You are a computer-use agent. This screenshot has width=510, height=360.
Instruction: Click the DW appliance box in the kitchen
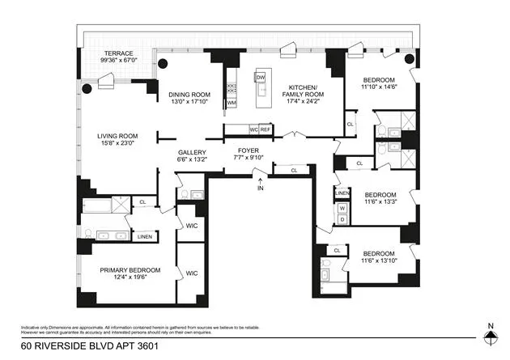(260, 78)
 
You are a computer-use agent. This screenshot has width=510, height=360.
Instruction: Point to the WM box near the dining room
(232, 104)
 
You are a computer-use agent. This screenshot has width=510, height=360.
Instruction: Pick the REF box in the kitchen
(265, 129)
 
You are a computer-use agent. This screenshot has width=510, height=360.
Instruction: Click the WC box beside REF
(253, 129)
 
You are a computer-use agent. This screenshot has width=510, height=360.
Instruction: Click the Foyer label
(247, 151)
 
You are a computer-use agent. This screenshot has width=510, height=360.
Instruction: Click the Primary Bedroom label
(130, 269)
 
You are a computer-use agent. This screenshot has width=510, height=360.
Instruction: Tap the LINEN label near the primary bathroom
(145, 236)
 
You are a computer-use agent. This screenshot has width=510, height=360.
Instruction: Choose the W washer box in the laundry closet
(342, 207)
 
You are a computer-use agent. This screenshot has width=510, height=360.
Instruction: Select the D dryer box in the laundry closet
(342, 219)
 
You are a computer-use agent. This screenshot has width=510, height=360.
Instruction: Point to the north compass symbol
(489, 339)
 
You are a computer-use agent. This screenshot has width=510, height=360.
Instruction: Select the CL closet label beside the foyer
(293, 171)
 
